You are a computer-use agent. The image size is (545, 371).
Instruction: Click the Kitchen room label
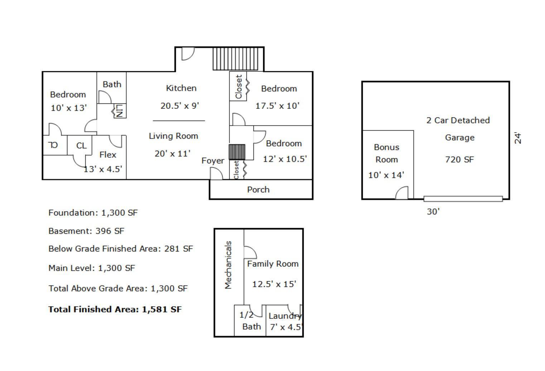181,88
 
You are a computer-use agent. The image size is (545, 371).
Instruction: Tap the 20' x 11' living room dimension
173,154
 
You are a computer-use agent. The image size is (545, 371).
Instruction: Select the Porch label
259,190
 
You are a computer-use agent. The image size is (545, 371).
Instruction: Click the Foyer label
213,161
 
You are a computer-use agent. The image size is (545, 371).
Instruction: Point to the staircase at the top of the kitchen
235,59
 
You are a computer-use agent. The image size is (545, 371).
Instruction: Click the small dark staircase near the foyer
237,152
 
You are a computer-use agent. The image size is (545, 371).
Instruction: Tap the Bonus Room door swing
402,193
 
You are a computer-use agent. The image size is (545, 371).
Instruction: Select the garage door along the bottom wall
463,199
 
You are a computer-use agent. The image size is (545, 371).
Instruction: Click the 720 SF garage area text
460,160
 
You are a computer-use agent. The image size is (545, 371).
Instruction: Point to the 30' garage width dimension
433,212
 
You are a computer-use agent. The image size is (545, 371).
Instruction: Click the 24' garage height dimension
518,138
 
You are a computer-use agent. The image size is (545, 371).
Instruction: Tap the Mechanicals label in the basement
228,265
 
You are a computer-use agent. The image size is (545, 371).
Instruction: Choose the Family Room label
273,264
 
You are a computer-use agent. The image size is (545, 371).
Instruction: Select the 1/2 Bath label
250,321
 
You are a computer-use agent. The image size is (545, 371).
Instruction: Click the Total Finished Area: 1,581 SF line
115,309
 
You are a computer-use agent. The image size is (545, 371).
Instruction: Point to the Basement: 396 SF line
86,231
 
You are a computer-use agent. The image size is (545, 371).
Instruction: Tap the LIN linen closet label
119,111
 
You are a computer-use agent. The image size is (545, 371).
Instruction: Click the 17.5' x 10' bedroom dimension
278,106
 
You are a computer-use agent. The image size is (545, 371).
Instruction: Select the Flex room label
108,155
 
